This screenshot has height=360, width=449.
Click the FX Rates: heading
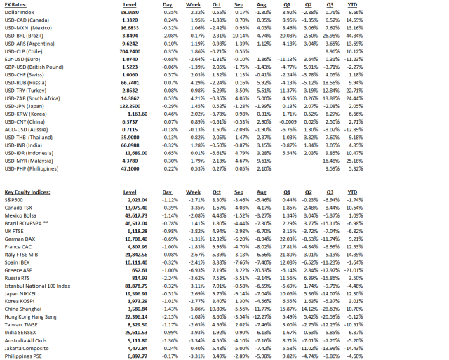click(19, 5)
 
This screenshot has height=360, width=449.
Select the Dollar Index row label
click(20, 13)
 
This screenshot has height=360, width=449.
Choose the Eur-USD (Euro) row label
click(26, 59)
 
